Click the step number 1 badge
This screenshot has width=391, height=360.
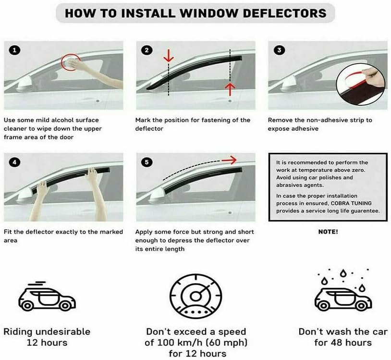(15, 50)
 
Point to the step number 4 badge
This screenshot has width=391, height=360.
(15, 162)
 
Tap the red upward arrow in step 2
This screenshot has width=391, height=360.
(230, 88)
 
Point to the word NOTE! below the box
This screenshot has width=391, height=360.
(328, 232)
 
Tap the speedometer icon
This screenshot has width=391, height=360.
(195, 295)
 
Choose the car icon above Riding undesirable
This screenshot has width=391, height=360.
(47, 298)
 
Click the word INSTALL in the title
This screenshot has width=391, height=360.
(142, 13)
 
